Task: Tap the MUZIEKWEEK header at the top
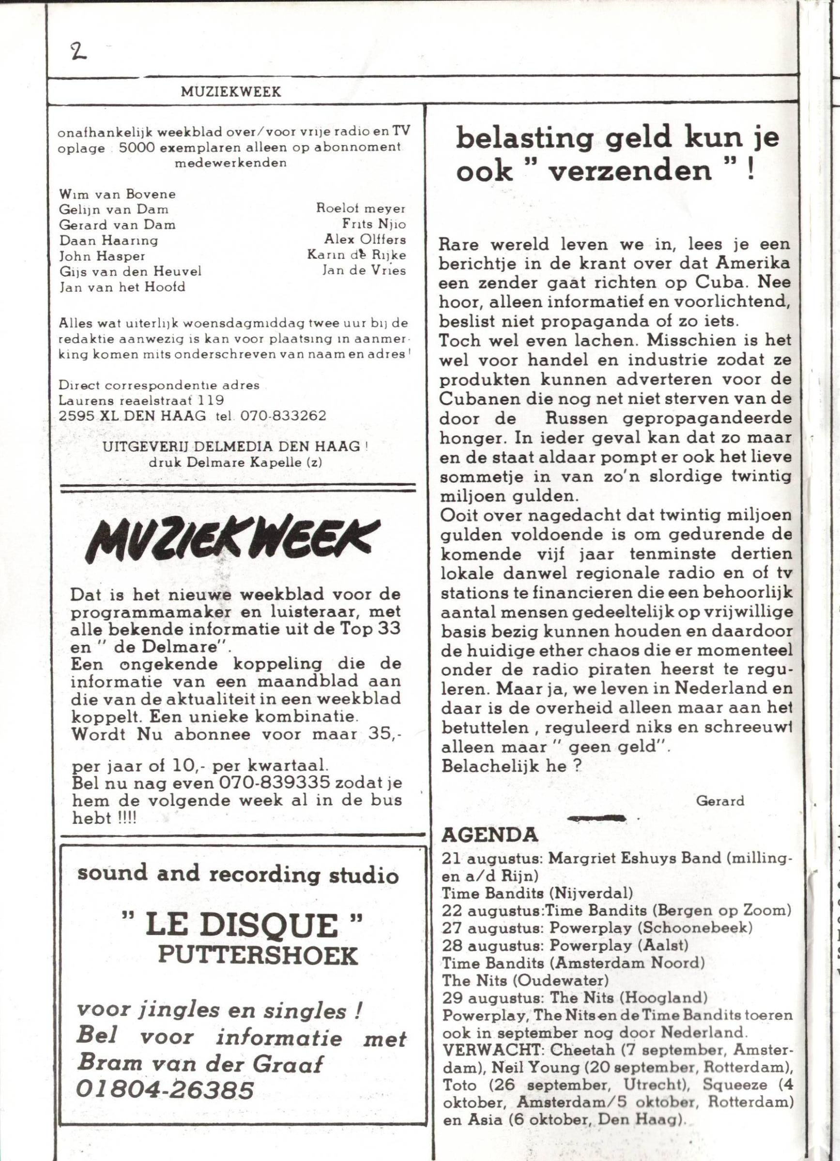coord(231,91)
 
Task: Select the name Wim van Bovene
coord(117,194)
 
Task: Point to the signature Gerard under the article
coord(719,801)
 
